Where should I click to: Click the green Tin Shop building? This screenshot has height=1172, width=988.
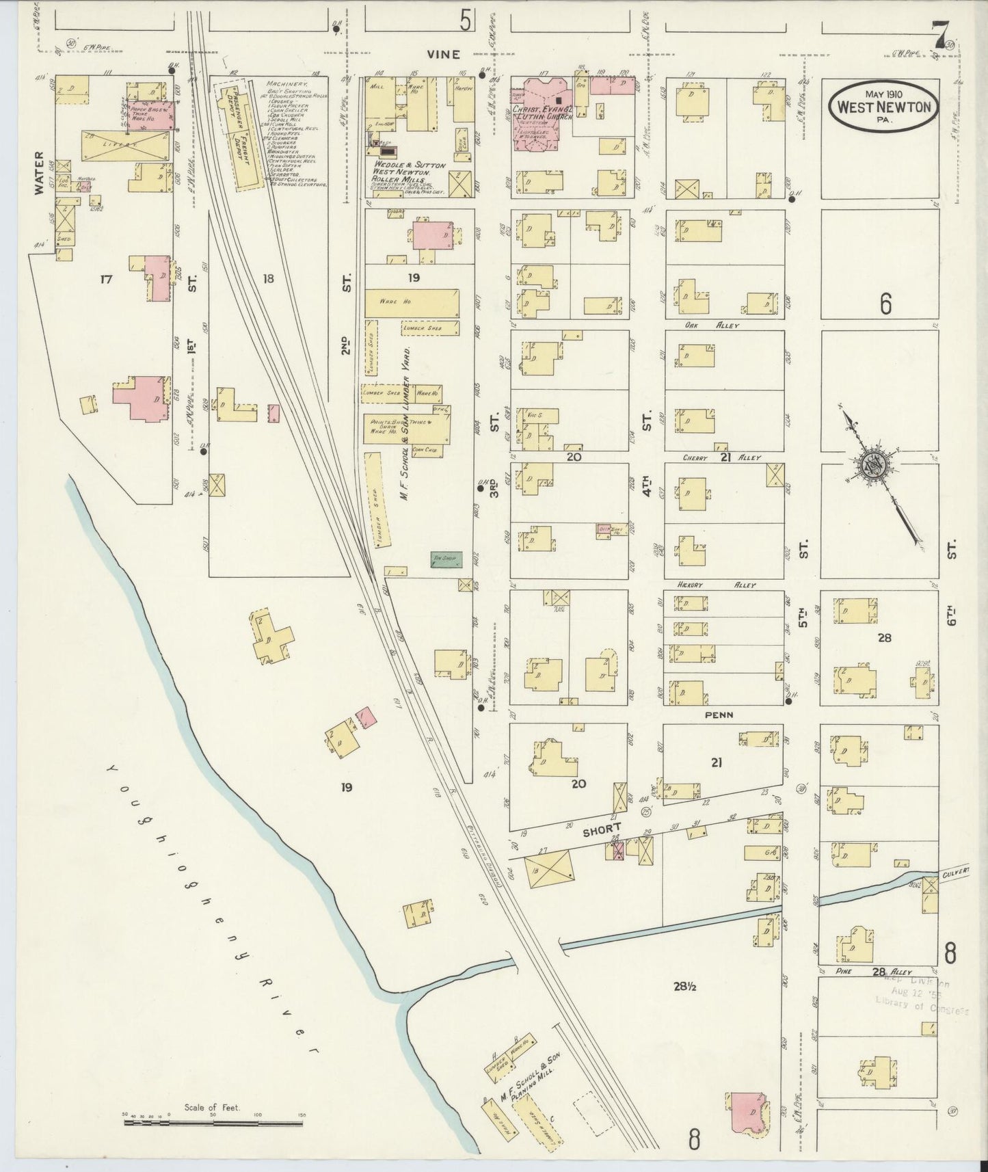446,559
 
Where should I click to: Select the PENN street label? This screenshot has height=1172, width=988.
717,715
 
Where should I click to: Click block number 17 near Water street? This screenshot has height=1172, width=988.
106,279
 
